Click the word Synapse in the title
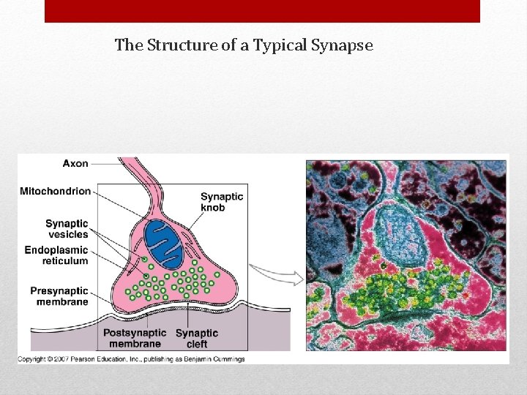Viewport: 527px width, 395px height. (343, 46)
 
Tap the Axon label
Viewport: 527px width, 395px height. (75, 163)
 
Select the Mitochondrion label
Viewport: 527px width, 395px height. (56, 192)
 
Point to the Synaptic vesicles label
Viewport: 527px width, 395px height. (67, 229)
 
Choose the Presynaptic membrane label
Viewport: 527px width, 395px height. (59, 296)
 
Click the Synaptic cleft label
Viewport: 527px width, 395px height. (197, 338)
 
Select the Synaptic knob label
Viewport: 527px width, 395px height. (222, 202)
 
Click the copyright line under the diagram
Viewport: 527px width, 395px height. (132, 359)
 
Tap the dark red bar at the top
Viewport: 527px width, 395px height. (262, 11)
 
